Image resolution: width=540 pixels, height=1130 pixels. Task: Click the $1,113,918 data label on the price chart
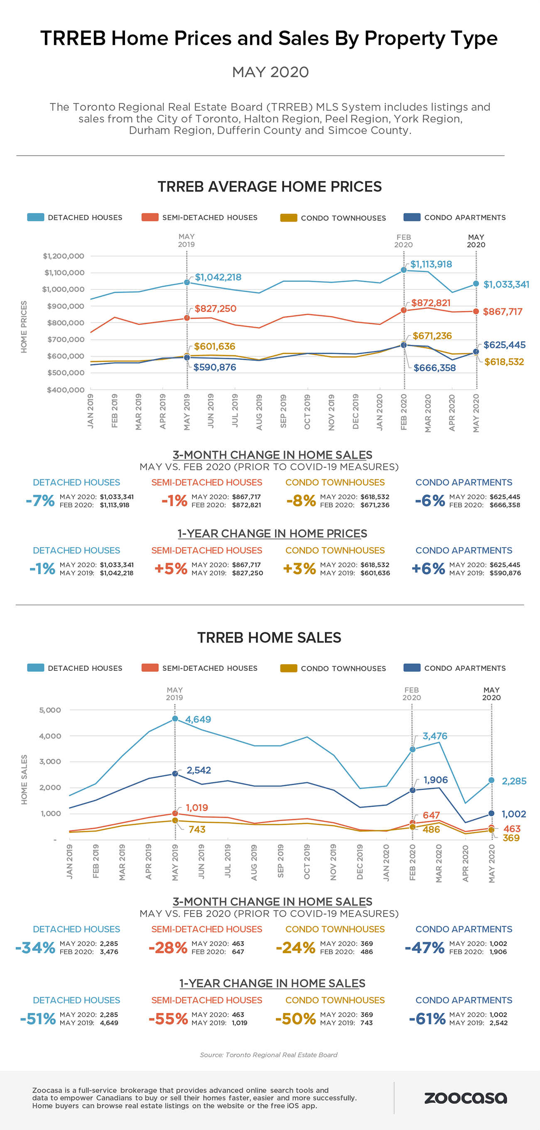[431, 264]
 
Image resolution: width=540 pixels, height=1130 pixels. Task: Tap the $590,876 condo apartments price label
[214, 367]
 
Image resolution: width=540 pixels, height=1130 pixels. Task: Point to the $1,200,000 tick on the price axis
[64, 256]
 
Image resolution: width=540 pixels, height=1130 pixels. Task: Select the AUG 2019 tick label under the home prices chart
[259, 412]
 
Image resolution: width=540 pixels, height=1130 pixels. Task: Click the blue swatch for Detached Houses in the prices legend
[36, 217]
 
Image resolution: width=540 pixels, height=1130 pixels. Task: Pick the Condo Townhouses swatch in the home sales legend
[288, 668]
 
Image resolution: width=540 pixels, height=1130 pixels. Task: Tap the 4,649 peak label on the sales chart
[198, 719]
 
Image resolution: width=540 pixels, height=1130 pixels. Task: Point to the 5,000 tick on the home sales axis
[50, 710]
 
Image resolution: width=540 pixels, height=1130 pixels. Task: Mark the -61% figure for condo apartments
[427, 1019]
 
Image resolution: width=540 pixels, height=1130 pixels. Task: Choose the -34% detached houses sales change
[35, 947]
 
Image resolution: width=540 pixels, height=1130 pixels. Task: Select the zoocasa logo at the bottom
[465, 1098]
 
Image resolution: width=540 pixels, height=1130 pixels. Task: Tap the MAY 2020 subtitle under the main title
[270, 72]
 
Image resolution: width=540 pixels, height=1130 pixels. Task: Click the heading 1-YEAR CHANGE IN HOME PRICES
[272, 533]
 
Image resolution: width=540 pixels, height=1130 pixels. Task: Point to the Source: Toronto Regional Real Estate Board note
[269, 1054]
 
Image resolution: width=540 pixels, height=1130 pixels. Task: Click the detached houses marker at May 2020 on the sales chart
[491, 780]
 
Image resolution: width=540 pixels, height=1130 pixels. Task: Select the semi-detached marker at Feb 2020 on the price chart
[403, 310]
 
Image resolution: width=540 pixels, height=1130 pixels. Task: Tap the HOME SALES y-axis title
[24, 780]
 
